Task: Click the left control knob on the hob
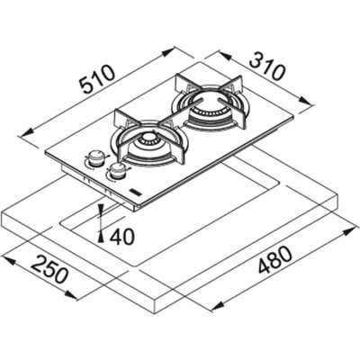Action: [x=94, y=158]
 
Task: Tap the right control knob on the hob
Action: [x=116, y=169]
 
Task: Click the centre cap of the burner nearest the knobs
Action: [x=144, y=145]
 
